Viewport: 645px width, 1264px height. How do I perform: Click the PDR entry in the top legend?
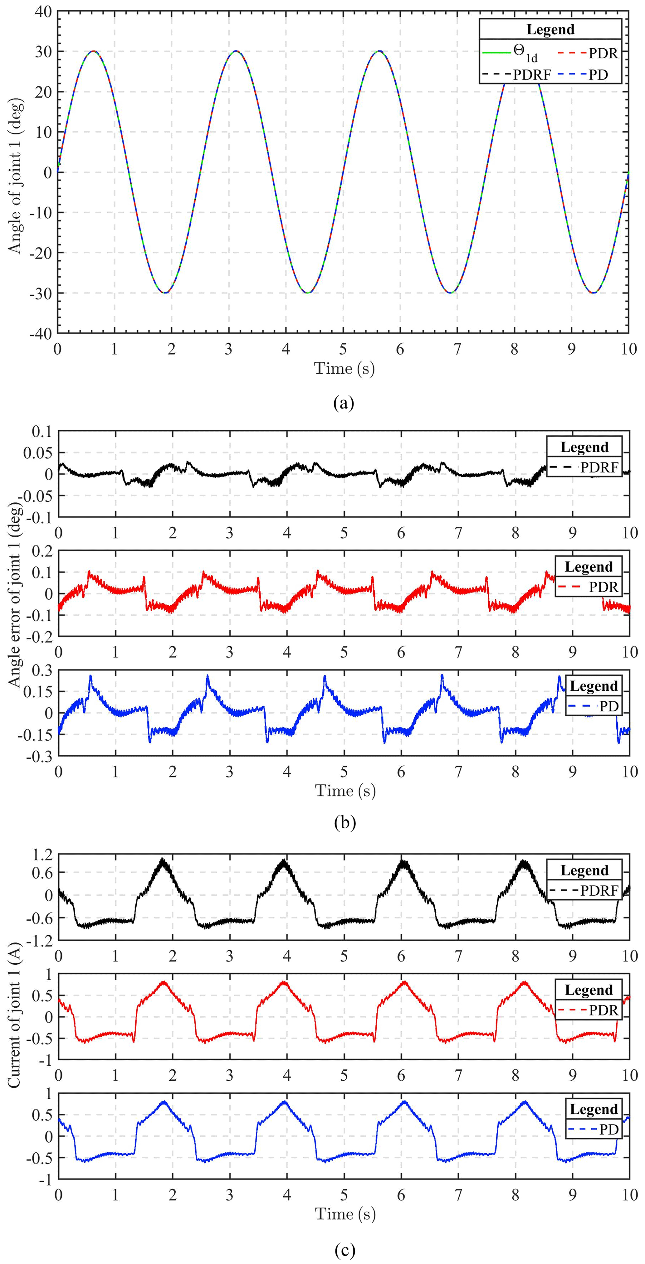point(603,53)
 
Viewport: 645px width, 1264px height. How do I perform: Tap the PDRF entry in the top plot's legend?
point(532,75)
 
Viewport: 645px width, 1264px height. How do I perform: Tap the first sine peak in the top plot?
point(93,51)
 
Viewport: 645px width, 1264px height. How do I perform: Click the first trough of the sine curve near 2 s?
point(165,293)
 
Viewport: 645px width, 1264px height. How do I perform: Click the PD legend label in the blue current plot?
point(609,1130)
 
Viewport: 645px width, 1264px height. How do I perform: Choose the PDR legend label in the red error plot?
point(604,587)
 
